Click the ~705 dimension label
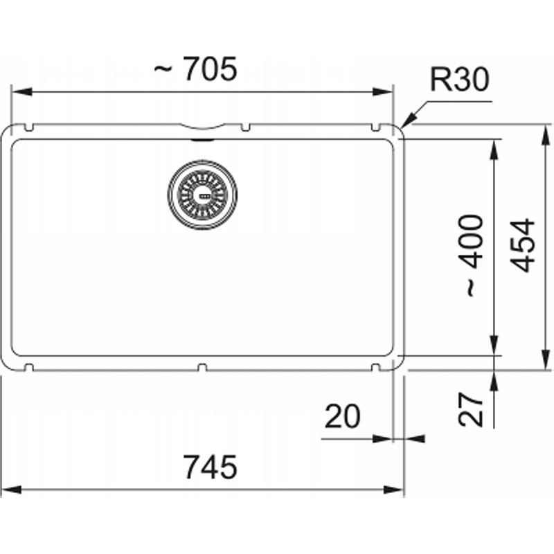click(x=195, y=69)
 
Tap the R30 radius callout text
click(x=460, y=80)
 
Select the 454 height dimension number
click(x=523, y=246)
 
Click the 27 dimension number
click(x=470, y=409)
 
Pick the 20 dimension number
click(x=342, y=417)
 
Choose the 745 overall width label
click(x=211, y=467)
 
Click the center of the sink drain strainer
click(x=202, y=195)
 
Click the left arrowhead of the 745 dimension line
click(x=11, y=490)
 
